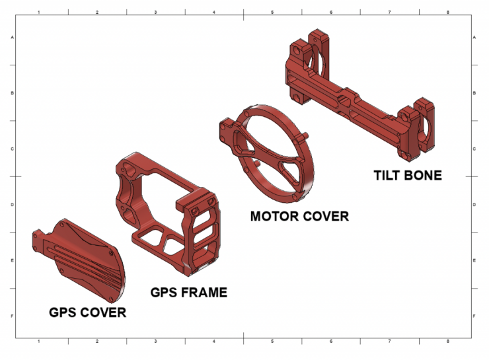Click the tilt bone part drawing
point(360,95)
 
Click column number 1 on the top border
point(39,12)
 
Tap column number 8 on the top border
point(448,12)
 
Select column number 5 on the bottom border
point(272,342)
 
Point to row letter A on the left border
point(13,38)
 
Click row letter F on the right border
point(474,316)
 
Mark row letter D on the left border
point(13,205)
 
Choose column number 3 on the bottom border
point(155,342)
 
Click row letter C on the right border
point(474,149)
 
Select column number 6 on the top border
point(331,12)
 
